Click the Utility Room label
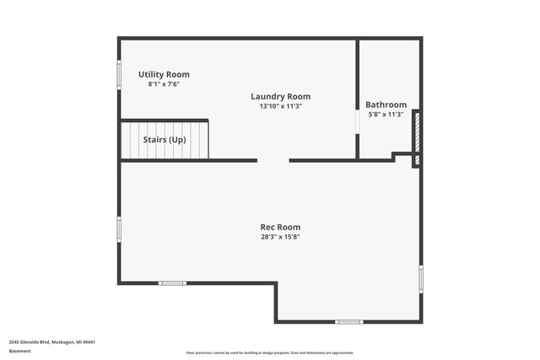tap(164, 74)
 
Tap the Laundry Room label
tap(281, 96)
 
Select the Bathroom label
tap(386, 105)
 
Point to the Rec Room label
tap(280, 227)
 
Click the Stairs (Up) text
tap(165, 140)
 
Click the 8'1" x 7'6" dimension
tap(164, 84)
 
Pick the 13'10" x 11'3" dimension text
tap(281, 106)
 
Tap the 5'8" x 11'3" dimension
tap(386, 115)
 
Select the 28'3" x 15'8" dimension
tap(280, 237)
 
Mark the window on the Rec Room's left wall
tap(119, 228)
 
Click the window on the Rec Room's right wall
tap(421, 278)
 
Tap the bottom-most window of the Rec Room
tap(348, 321)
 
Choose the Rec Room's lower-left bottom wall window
tap(172, 282)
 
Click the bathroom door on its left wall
tap(358, 123)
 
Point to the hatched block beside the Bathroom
tap(415, 131)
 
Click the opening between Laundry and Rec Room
tap(273, 160)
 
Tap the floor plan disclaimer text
tap(270, 352)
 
